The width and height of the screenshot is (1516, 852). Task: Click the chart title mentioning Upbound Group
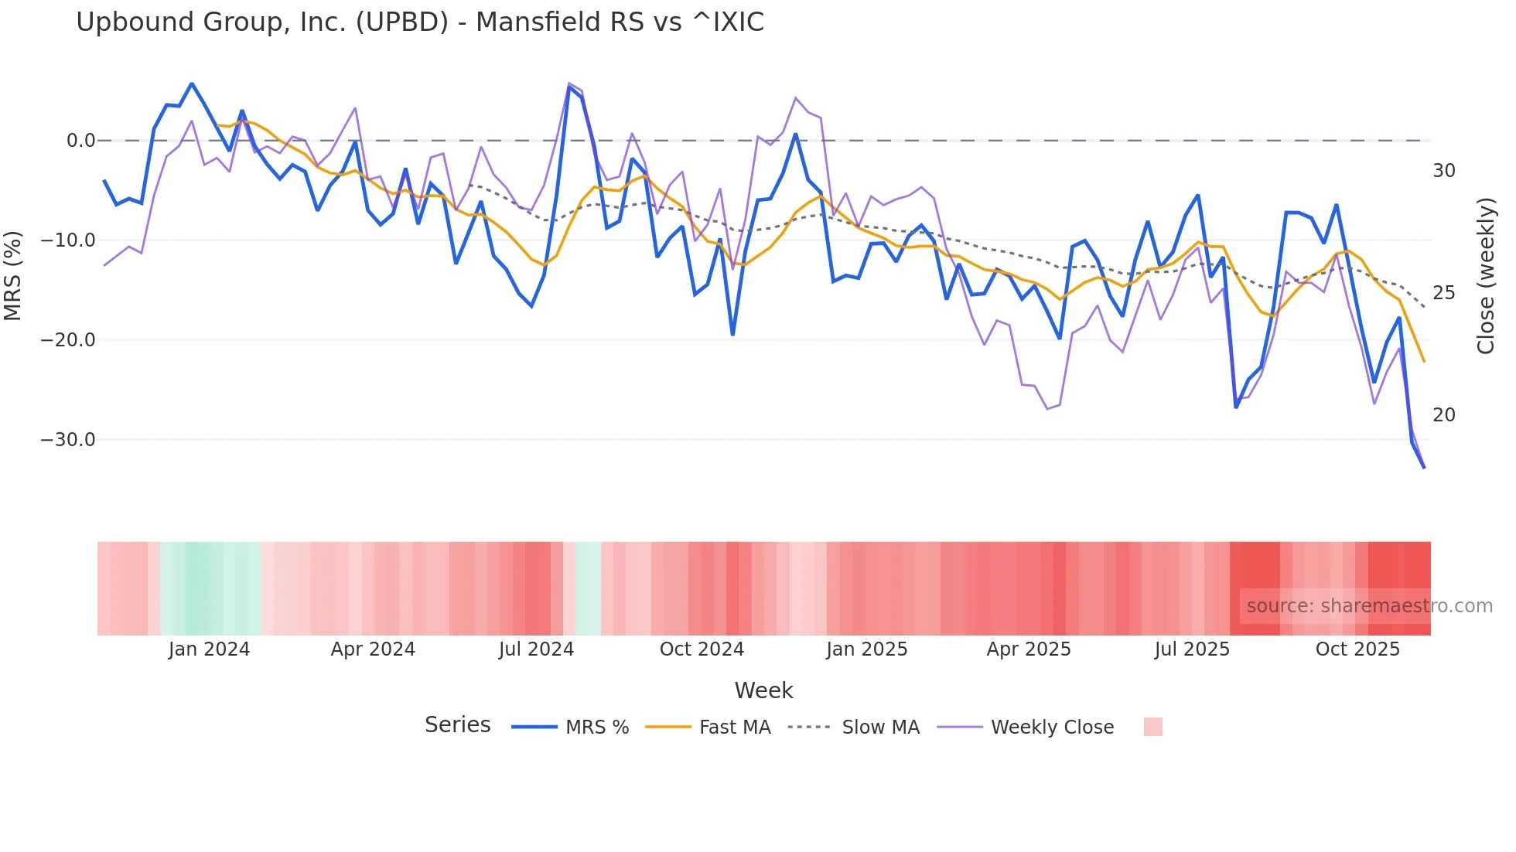pos(420,22)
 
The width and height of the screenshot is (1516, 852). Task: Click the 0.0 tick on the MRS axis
pos(80,141)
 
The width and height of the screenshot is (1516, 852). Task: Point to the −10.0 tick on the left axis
pos(68,240)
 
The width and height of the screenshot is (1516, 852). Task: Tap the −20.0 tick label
pos(68,340)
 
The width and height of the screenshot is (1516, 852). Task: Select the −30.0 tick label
pos(68,440)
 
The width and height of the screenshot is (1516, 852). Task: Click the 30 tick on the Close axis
pos(1443,171)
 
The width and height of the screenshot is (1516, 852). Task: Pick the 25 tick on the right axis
pos(1443,293)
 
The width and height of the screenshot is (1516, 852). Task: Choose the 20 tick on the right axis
pos(1443,415)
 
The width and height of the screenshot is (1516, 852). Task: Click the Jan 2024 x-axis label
pos(209,649)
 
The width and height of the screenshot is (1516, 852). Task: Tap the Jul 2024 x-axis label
pos(536,649)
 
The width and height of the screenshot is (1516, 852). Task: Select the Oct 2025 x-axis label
pos(1357,649)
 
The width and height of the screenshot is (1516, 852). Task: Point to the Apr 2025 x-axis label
pos(1029,649)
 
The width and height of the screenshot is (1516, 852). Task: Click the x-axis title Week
pos(763,690)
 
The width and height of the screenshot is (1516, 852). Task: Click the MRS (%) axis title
pos(13,275)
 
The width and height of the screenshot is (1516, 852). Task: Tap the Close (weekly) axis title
pos(1485,276)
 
